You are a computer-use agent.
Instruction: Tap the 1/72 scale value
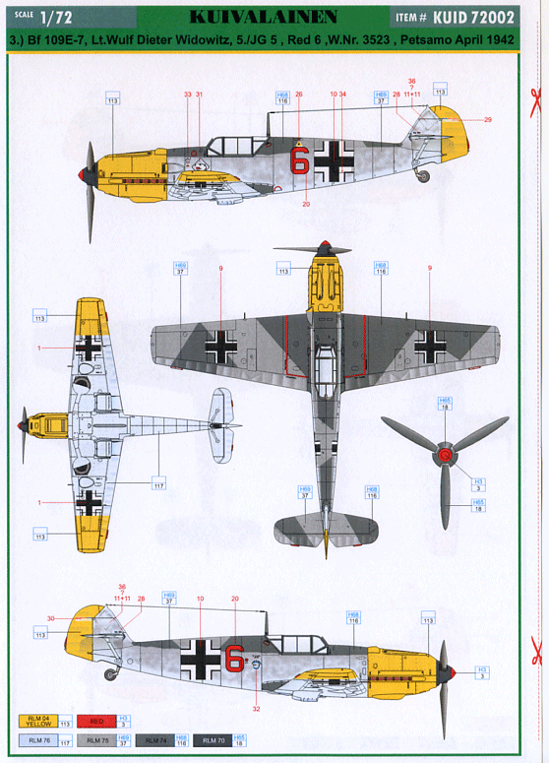(x=56, y=17)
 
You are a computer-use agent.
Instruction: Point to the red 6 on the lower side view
(x=234, y=658)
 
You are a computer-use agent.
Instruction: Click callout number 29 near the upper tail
(x=487, y=120)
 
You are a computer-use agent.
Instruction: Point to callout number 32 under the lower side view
(x=256, y=709)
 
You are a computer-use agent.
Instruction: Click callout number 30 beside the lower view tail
(x=50, y=618)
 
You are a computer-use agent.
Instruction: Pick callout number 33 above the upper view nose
(x=187, y=95)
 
